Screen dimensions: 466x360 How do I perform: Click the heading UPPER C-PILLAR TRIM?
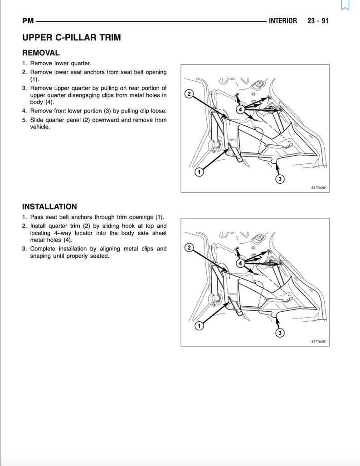[71, 38]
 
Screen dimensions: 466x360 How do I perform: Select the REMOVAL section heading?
[41, 53]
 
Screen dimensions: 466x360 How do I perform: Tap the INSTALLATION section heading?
[49, 206]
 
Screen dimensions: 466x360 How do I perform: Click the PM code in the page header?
[28, 21]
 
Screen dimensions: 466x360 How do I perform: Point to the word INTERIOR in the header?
[283, 21]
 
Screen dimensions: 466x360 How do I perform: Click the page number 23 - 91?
[318, 21]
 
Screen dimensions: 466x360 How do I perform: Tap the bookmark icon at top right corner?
[345, 5]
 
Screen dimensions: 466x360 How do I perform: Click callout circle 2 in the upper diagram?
[189, 94]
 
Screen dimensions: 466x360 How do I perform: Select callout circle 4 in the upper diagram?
[240, 109]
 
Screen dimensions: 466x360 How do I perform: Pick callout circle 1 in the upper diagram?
[199, 172]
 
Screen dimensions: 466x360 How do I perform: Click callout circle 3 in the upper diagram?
[280, 179]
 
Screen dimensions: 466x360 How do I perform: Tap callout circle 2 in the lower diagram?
[189, 247]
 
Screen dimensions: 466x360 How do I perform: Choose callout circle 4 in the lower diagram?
[240, 263]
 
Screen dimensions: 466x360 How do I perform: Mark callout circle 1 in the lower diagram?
[199, 326]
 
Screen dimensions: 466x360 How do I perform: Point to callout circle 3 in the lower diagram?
[280, 333]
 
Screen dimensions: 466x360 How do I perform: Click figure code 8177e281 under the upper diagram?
[319, 188]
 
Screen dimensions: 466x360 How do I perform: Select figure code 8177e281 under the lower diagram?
[319, 341]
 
